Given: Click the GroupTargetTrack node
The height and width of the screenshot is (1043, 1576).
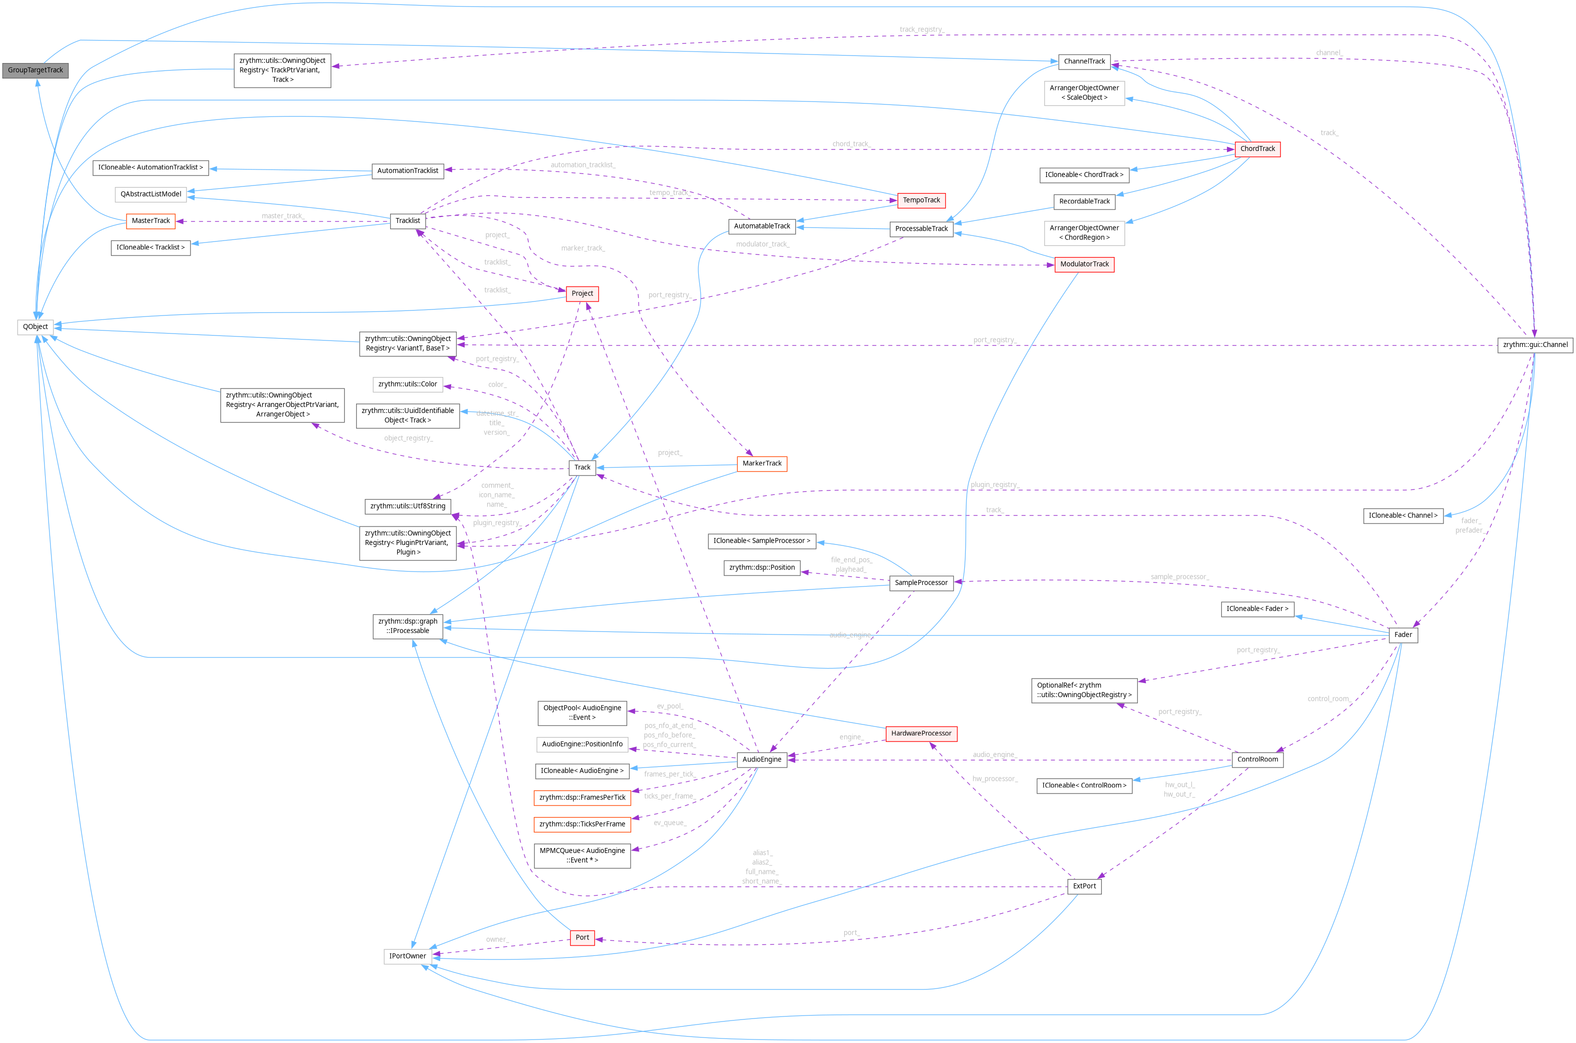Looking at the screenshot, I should point(35,70).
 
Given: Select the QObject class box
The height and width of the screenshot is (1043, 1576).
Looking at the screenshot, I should point(35,326).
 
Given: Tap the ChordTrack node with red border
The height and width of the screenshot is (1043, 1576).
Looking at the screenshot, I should point(1257,149).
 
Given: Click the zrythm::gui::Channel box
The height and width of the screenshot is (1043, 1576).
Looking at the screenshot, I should point(1535,344).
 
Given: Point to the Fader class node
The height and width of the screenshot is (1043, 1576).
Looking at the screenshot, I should point(1402,634).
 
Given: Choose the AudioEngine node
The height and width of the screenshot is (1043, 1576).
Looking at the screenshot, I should point(762,759).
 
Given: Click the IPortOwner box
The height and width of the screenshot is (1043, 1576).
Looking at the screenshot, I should point(407,956).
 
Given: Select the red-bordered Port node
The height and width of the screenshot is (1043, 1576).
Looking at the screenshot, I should point(582,937).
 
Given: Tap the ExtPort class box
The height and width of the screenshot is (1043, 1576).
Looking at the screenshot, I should point(1084,886).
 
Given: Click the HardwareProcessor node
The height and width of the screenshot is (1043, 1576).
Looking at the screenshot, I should point(921,733).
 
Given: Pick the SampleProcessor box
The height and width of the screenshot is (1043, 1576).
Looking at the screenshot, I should point(921,582).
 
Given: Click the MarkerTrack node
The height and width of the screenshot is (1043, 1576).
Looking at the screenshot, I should point(762,463).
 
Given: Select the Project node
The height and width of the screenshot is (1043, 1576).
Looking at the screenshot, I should point(582,293).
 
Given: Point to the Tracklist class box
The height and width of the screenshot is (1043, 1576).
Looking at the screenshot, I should point(407,220).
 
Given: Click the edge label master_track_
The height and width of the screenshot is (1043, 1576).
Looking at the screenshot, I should point(283,216).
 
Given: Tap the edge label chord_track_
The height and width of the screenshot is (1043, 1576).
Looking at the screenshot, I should point(851,143).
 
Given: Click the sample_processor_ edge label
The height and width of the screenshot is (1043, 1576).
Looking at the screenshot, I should point(1179,576).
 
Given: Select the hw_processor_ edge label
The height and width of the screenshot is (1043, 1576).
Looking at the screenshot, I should point(994,779).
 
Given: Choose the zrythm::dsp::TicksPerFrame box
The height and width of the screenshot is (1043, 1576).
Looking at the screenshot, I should point(582,824).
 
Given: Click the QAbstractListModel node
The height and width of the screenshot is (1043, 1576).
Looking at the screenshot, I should point(151,194).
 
